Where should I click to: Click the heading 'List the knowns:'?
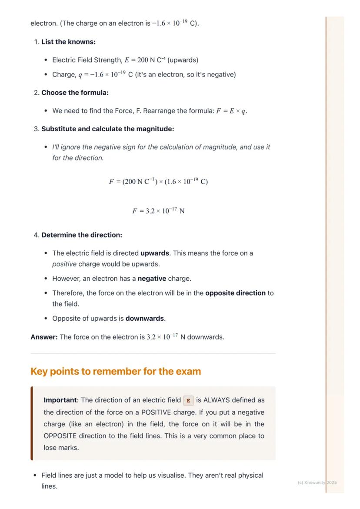coord(68,42)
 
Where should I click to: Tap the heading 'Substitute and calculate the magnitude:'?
coord(107,129)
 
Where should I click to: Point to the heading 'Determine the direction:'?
coord(82,235)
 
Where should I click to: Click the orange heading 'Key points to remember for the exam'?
coord(116,372)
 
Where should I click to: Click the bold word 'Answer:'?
coord(44,337)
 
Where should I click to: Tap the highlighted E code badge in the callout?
coord(188,400)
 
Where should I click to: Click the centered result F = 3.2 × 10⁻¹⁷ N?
coord(158,211)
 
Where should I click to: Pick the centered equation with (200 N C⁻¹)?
coord(158,182)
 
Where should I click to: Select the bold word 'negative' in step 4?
coord(152,279)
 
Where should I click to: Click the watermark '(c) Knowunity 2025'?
coord(317,482)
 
